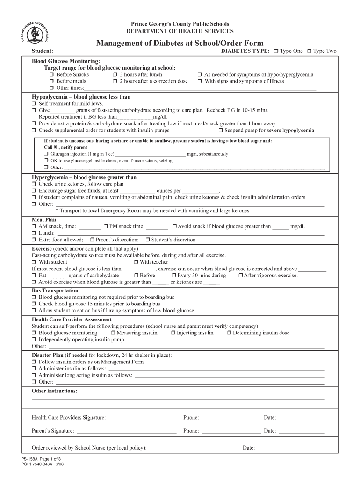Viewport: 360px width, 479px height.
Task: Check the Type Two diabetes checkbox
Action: click(309, 51)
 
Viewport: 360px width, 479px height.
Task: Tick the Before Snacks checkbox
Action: click(52, 75)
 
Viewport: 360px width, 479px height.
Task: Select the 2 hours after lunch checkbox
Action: click(115, 75)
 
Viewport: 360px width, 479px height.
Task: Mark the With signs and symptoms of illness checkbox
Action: click(200, 81)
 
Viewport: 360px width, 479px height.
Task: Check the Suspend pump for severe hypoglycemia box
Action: click(221, 131)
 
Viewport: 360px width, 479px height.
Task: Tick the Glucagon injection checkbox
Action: click(46, 154)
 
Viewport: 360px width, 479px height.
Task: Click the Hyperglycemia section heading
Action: click(84, 178)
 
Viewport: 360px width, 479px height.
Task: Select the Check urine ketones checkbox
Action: click(34, 184)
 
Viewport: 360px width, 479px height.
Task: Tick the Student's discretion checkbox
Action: click(148, 240)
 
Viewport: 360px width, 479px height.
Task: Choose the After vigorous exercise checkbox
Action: click(240, 276)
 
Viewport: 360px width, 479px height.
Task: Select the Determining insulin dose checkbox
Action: click(229, 333)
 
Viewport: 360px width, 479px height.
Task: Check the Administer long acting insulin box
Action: click(34, 375)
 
